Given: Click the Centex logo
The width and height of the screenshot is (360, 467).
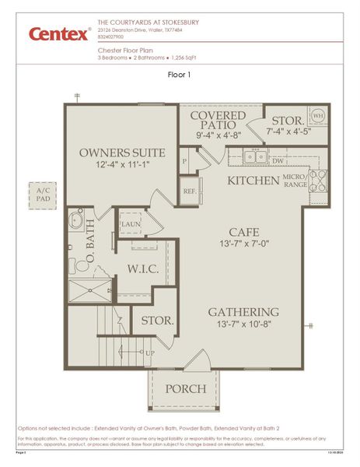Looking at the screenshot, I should click(59, 33).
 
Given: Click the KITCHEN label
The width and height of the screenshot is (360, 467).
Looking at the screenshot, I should click(253, 181).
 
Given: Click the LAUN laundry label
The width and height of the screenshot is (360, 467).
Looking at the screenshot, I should click(131, 224).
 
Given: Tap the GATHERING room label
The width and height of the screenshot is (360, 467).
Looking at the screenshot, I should click(243, 312).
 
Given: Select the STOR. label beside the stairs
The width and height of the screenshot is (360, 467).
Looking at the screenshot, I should click(157, 320).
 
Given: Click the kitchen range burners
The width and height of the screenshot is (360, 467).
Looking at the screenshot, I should click(318, 181).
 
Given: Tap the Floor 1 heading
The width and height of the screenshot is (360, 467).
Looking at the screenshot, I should click(180, 75).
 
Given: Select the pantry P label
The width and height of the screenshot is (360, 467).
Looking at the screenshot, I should click(184, 161).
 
